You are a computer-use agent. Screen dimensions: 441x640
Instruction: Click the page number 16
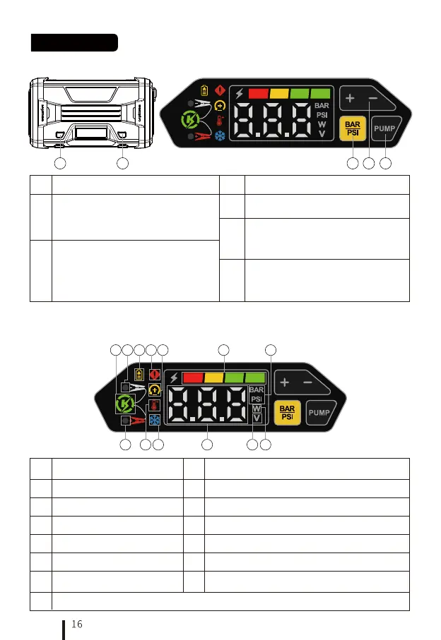click(77, 624)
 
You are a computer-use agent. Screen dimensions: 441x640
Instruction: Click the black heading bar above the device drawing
click(74, 42)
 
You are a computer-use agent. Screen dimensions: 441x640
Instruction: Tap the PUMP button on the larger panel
click(385, 129)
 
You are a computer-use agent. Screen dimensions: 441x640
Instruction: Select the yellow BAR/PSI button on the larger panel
click(351, 129)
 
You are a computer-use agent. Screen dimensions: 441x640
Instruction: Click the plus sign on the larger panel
click(351, 97)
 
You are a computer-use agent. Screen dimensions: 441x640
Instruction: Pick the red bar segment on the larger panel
click(258, 93)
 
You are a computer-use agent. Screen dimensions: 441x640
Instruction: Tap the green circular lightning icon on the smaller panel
click(124, 405)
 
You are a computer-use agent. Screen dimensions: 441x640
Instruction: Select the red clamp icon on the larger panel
click(202, 135)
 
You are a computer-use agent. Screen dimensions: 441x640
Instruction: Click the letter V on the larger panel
click(322, 134)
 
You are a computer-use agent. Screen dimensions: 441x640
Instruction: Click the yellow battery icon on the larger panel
click(205, 91)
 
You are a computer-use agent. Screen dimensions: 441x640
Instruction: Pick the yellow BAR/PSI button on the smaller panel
click(287, 411)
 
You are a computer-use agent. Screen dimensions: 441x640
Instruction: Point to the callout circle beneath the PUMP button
click(385, 164)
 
